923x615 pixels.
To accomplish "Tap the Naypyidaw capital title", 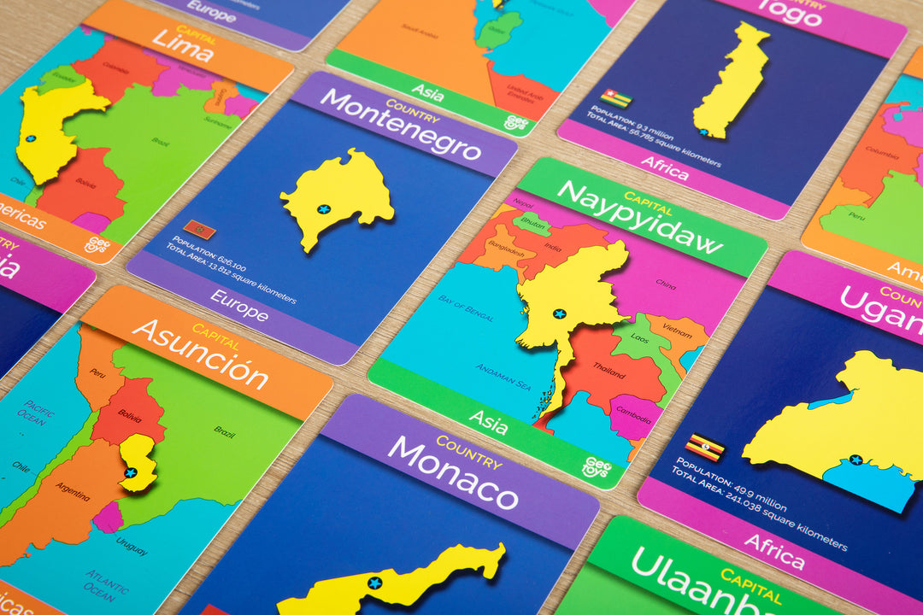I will (639, 217).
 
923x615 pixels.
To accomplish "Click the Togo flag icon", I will (615, 98).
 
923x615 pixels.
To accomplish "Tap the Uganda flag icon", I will (704, 447).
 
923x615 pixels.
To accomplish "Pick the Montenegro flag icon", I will (199, 230).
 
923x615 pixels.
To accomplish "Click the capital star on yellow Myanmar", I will (559, 313).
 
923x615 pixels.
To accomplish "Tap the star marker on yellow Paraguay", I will (131, 471).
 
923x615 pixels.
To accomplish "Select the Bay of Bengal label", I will (467, 307).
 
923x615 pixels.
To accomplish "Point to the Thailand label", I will (609, 372).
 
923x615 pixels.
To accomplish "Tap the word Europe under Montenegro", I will (239, 310).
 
